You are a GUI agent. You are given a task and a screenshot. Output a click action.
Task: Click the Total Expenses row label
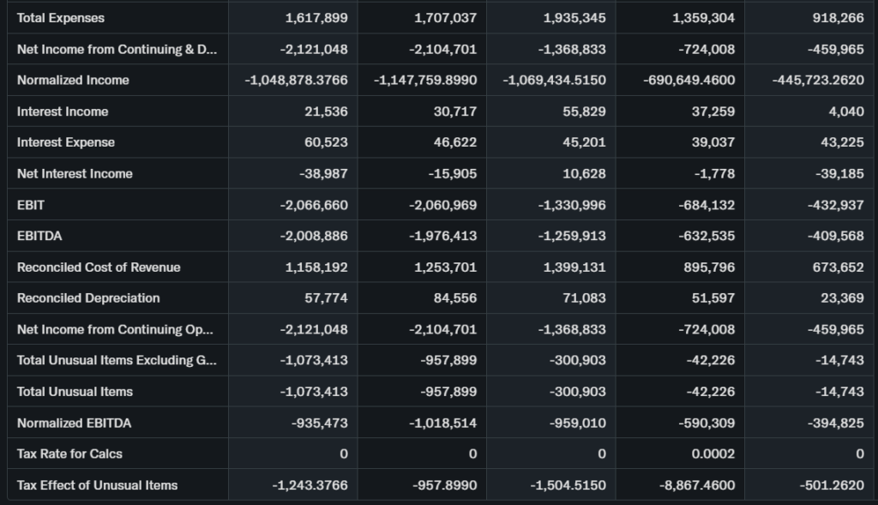[61, 18]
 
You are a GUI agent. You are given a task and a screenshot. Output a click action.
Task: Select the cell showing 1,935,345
[574, 18]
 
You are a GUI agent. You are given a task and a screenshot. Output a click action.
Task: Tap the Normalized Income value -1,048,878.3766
[297, 81]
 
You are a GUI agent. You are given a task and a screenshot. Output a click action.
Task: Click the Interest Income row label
[63, 111]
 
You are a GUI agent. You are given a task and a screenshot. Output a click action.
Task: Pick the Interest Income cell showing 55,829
[584, 111]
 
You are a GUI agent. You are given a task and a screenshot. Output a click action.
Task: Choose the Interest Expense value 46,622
[454, 142]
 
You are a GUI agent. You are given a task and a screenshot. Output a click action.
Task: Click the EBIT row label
[31, 205]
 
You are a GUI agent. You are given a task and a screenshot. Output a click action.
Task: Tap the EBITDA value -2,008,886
[315, 236]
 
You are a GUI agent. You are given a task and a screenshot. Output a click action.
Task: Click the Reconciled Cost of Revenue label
[99, 268]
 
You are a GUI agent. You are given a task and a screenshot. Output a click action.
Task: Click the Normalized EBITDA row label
[75, 423]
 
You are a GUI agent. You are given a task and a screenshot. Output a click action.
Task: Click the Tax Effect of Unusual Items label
[98, 485]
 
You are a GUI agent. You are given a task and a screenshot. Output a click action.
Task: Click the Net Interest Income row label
[75, 174]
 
